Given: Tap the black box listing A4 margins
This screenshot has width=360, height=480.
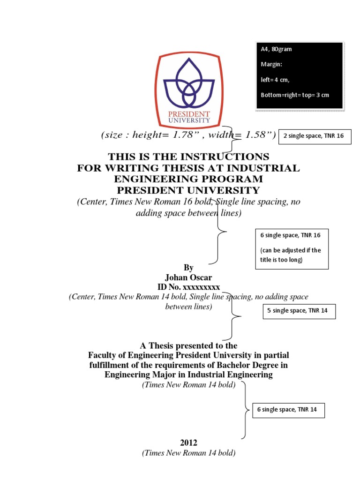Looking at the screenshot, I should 300,76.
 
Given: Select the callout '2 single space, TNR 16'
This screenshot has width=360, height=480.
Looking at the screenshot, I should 315,136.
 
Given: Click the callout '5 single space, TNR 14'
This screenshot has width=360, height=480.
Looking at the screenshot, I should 299,311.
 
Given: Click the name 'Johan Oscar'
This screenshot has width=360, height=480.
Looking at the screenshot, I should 188,277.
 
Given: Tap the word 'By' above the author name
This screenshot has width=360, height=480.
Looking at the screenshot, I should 188,268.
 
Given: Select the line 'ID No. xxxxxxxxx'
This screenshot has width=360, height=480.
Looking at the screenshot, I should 188,287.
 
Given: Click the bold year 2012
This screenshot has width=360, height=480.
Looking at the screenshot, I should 188,442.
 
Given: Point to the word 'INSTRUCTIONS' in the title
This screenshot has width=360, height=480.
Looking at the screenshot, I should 226,157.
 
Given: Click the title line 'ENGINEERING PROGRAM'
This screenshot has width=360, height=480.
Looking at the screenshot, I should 188,179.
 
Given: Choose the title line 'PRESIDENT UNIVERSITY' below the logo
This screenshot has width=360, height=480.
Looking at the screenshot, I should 188,190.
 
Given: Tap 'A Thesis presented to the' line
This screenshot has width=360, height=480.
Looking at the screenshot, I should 188,346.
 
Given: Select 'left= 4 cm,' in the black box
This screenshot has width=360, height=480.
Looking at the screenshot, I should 275,80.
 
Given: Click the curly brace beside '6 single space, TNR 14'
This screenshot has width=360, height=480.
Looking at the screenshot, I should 245,410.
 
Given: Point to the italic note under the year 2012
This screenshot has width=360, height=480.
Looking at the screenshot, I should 188,453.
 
